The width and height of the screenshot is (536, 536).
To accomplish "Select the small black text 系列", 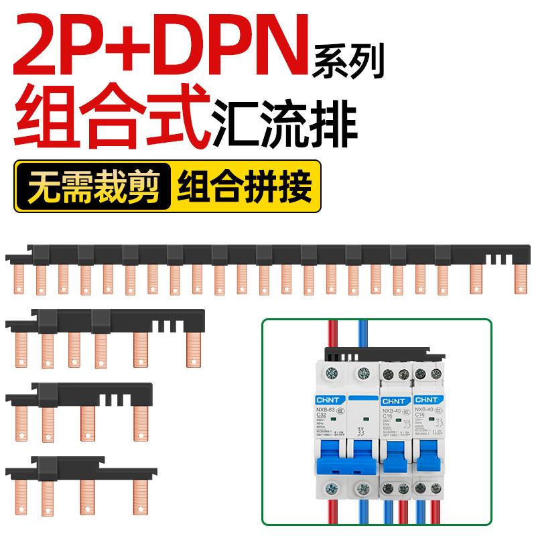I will [349, 62].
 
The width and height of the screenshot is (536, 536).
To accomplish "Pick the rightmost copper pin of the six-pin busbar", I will [192, 349].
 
